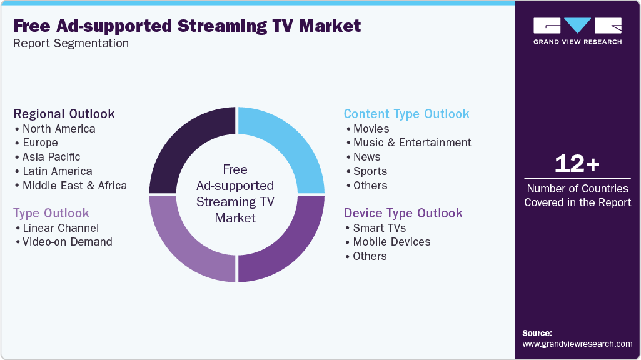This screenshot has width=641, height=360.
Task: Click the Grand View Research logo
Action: (x=577, y=31)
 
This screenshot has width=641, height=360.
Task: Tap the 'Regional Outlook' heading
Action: (x=64, y=114)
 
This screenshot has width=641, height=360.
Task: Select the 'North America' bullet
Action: (x=59, y=129)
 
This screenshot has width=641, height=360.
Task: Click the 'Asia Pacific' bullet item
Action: (x=51, y=157)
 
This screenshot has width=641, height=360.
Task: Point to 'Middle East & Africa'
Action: (x=74, y=186)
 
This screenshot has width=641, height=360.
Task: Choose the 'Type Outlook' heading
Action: (x=51, y=213)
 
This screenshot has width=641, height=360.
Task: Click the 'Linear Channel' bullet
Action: (x=61, y=228)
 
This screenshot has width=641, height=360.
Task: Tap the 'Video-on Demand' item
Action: (x=67, y=242)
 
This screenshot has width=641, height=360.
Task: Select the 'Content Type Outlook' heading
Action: (x=406, y=114)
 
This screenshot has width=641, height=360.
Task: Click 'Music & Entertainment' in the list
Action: (x=412, y=142)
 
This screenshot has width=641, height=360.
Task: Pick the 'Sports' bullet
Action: (x=370, y=171)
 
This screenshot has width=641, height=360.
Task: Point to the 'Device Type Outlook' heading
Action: (x=403, y=213)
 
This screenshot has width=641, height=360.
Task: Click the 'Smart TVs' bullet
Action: (x=380, y=228)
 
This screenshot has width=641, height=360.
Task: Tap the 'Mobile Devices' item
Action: (x=391, y=242)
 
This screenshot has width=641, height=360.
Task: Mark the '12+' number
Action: (x=577, y=164)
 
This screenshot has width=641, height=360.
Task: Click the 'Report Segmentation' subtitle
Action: (x=71, y=43)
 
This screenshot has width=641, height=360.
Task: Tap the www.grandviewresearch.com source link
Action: (x=577, y=344)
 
